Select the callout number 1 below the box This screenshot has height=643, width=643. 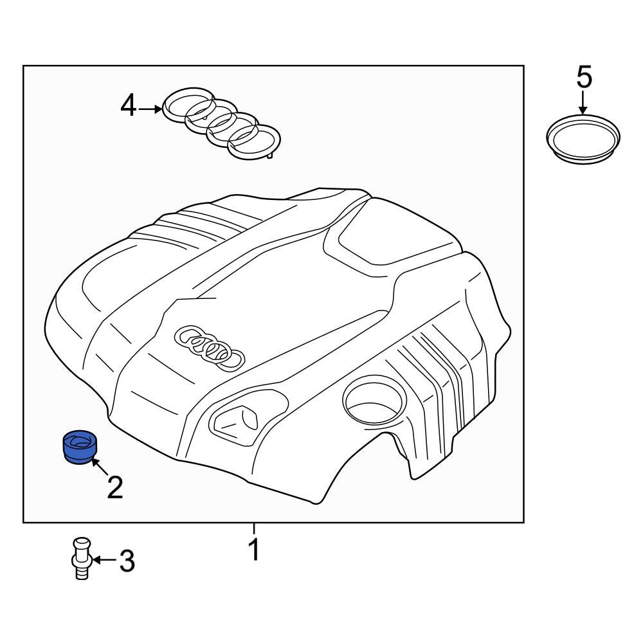(254, 550)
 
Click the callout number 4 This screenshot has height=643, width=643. (129, 105)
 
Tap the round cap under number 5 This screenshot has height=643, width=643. (583, 138)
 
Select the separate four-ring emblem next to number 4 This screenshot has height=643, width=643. (222, 125)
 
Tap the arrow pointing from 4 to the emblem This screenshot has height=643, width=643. (150, 109)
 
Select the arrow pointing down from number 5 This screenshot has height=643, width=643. (583, 102)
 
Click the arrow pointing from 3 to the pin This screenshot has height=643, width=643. (104, 561)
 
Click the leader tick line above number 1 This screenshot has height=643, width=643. (254, 528)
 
